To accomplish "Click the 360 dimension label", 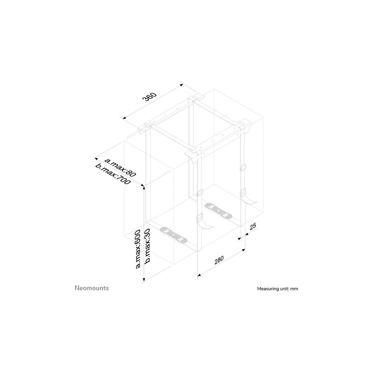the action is coord(149,97).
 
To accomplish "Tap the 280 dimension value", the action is coord(219,260).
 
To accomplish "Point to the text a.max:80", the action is coord(120,167).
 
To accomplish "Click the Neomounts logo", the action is coord(92,288).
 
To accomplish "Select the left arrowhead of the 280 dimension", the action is coord(199,275).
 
